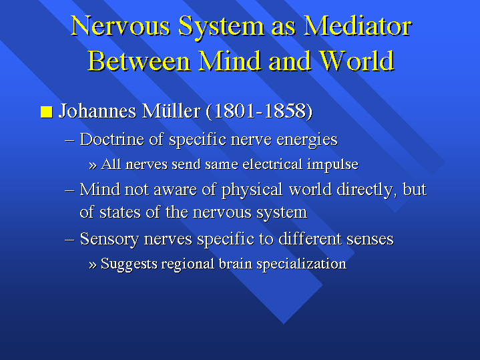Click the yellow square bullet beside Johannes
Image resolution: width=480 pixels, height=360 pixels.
[x=47, y=112]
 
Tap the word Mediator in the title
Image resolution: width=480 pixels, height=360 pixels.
[x=358, y=26]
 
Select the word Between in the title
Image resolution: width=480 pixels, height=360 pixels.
[x=139, y=61]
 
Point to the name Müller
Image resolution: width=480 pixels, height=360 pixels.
[x=171, y=111]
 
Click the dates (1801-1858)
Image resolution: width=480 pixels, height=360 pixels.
[x=259, y=111]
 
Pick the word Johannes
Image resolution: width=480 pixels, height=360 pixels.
[x=97, y=111]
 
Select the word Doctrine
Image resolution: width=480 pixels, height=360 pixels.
[x=111, y=140]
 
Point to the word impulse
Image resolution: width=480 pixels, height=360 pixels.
[x=332, y=165]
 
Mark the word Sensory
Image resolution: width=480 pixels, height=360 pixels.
[x=109, y=239]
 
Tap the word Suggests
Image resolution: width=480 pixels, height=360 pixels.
[x=129, y=264]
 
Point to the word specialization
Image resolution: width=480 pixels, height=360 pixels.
[x=301, y=264]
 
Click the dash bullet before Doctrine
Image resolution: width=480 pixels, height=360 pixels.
[x=70, y=141]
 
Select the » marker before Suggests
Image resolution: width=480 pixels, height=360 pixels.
[x=93, y=264]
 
